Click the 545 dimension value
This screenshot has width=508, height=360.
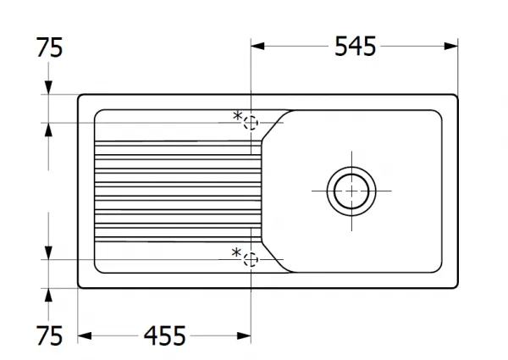coord(355,46)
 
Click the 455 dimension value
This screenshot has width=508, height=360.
coord(164,335)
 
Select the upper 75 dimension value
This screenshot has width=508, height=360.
coord(49,47)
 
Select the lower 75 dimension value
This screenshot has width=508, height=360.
coord(49,335)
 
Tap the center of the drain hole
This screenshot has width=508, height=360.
coord(351,191)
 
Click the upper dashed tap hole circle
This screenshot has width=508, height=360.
coord(251,123)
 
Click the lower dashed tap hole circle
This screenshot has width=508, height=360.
coord(251,259)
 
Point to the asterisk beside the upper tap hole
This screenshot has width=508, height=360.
coord(237,116)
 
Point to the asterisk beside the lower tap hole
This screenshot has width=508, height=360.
coord(236,252)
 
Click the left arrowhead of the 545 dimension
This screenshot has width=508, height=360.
coord(257,46)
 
